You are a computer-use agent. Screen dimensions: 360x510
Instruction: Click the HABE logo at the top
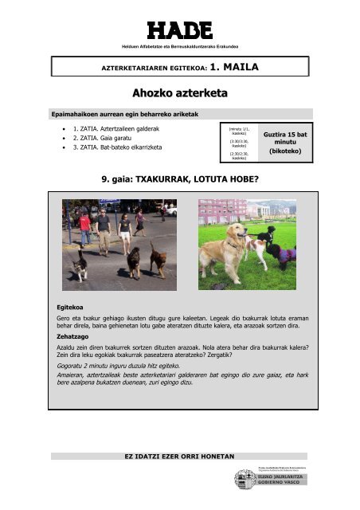179,30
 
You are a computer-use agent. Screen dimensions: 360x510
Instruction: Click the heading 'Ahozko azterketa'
179,94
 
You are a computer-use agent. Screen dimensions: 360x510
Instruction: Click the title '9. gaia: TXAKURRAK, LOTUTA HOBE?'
179,181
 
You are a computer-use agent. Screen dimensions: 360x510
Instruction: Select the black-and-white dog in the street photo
80,262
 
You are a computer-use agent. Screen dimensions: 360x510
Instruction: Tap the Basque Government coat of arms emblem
241,480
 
